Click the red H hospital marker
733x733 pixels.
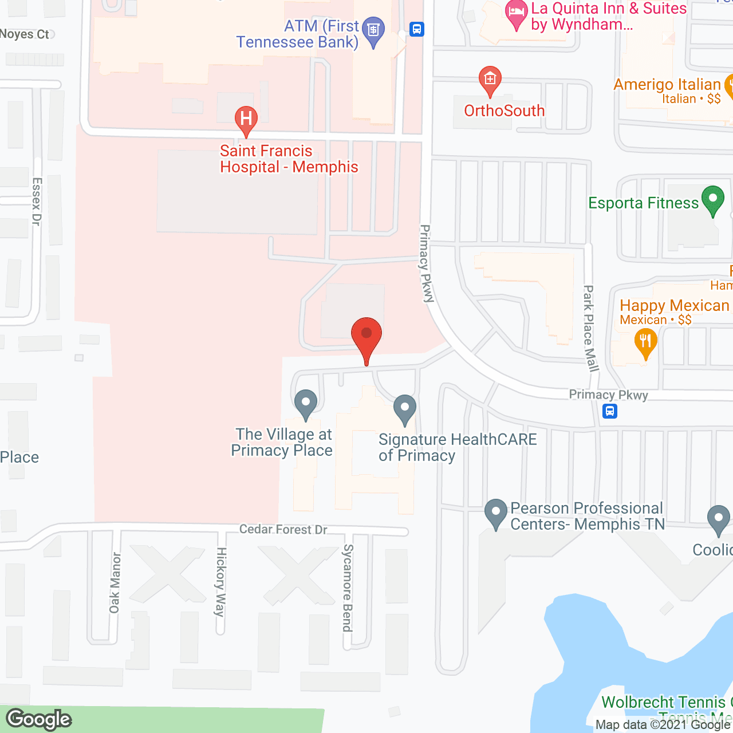[246, 119]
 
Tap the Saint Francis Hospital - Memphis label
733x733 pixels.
[289, 159]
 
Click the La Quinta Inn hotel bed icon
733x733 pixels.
[517, 13]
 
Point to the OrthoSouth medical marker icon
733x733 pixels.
[490, 79]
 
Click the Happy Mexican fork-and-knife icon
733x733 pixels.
[645, 342]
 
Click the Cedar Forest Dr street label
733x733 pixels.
[283, 529]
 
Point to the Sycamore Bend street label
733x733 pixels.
[348, 588]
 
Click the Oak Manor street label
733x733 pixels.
[115, 582]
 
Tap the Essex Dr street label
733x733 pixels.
[37, 202]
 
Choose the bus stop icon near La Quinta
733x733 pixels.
[417, 29]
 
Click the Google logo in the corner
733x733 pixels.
[39, 719]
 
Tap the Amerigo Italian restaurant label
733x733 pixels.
[667, 85]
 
